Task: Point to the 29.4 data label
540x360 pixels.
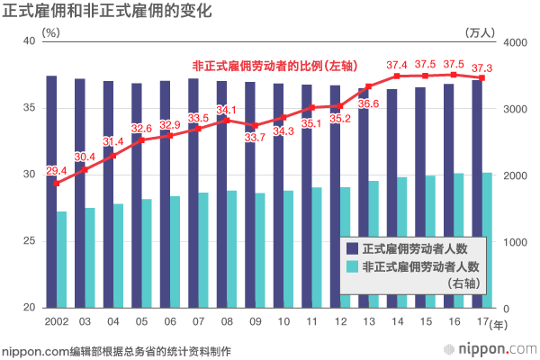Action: point(56,170)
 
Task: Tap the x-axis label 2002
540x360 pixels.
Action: point(56,320)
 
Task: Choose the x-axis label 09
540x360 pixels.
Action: point(256,320)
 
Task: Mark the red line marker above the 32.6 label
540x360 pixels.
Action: point(141,139)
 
